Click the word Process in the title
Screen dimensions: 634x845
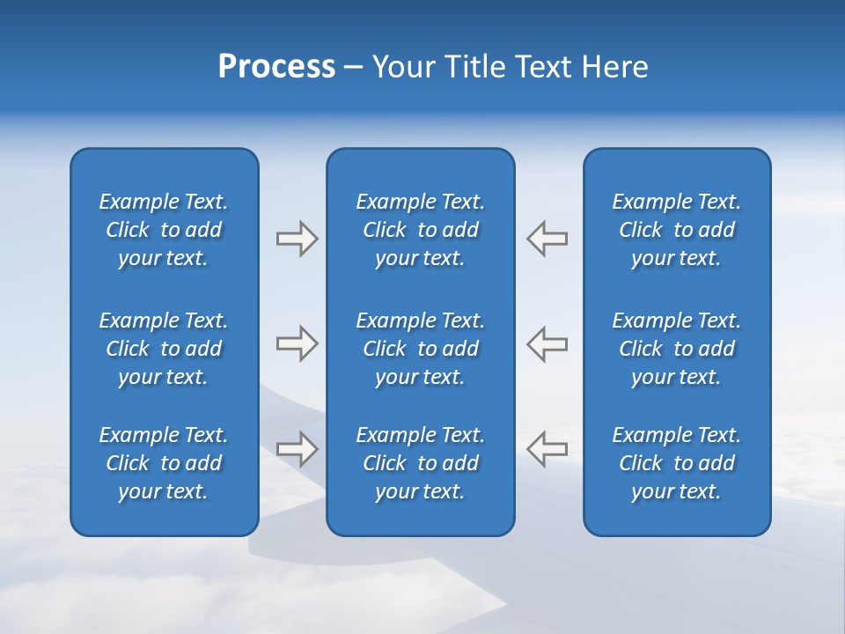[x=276, y=67]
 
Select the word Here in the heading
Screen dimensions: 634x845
[x=614, y=67]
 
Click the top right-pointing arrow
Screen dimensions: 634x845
[x=297, y=239]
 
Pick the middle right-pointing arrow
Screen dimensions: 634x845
[x=297, y=343]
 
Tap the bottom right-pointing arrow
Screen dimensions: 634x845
[x=297, y=449]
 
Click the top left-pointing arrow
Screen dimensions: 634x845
[x=547, y=239]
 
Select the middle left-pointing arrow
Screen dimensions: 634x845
[x=547, y=343]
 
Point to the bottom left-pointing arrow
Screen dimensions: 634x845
[x=547, y=449]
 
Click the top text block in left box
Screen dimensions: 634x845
[x=164, y=230]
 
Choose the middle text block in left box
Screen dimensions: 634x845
[x=164, y=349]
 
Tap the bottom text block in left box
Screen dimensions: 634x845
[x=164, y=463]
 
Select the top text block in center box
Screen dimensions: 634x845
[x=420, y=230]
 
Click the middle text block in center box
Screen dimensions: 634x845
[x=420, y=349]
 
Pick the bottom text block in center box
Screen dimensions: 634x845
[x=420, y=463]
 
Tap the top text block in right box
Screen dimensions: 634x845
[x=676, y=230]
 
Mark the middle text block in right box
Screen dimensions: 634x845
[x=676, y=349]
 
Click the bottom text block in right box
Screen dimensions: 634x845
[x=676, y=463]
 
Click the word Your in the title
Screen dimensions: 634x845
[x=401, y=67]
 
